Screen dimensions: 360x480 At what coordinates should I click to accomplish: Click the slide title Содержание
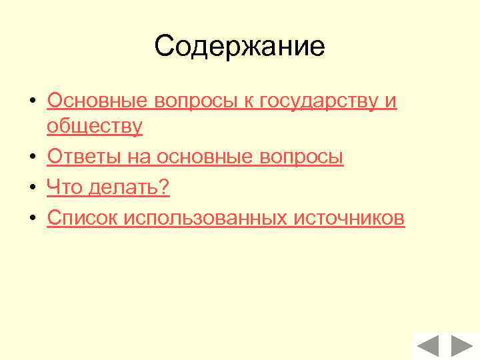pos(239,47)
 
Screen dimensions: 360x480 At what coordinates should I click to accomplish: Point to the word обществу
pos(95,127)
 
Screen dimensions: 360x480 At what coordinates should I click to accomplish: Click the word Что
pos(64,188)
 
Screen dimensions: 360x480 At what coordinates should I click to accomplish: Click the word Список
pos(81,218)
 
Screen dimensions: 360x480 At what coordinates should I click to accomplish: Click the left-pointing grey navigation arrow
pos(429,347)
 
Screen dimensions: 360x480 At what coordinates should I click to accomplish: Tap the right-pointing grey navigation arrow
pos(461,347)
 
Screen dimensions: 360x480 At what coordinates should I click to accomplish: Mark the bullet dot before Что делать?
pos(31,189)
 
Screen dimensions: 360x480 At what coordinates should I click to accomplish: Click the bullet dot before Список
pos(31,219)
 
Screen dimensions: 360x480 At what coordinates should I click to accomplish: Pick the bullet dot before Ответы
pos(31,158)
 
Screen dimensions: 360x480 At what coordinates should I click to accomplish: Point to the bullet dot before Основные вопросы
pos(31,101)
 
